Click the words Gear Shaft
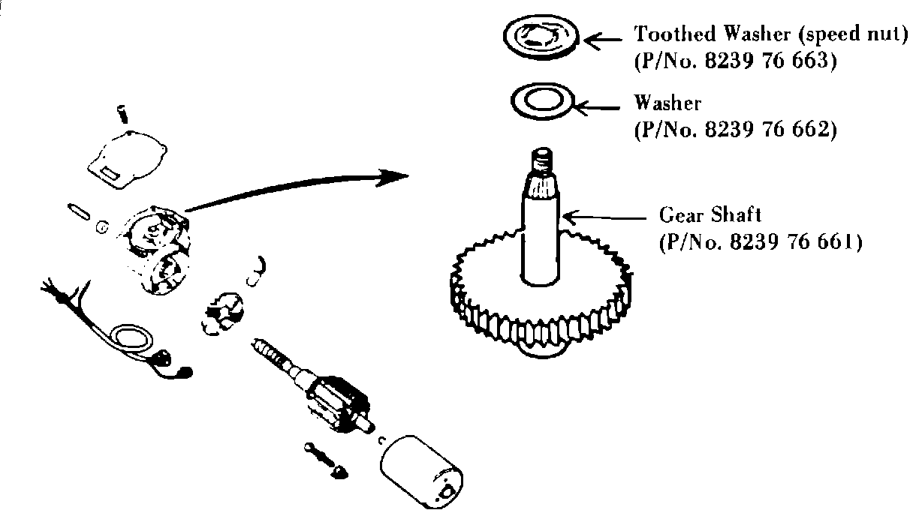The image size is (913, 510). tap(710, 215)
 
